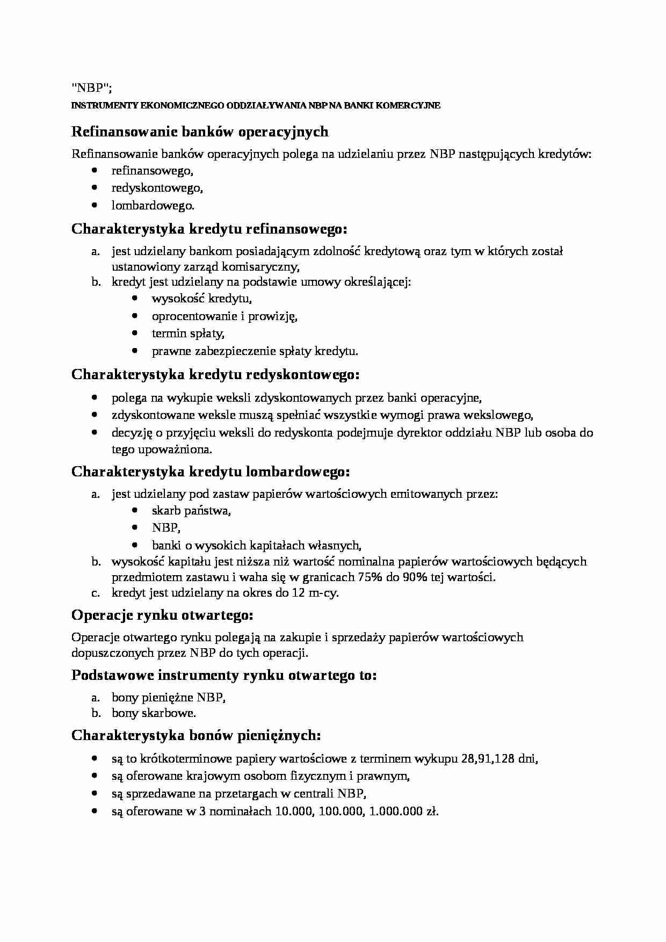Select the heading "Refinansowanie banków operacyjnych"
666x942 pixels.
200,132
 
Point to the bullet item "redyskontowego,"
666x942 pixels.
157,188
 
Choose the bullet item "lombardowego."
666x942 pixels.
153,205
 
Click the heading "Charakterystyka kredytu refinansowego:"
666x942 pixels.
209,229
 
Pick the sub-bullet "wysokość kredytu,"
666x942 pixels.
202,299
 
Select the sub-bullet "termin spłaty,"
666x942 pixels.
188,334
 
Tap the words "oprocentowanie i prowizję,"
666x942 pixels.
225,316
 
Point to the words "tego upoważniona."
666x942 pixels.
162,449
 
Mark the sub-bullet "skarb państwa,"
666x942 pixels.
191,511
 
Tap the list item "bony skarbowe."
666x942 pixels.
154,713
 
